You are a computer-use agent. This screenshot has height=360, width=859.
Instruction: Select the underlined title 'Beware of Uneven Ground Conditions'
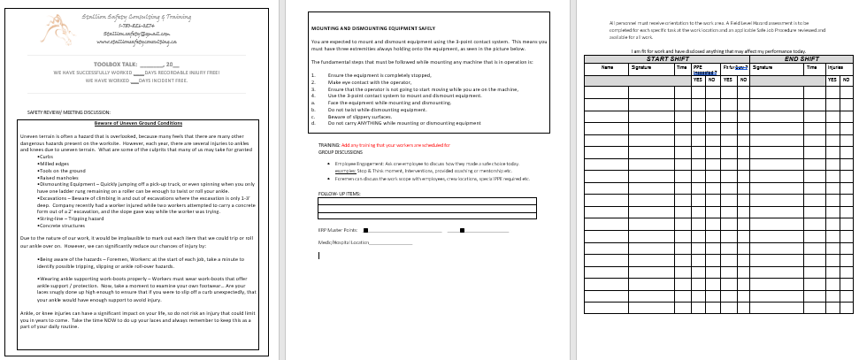(x=138, y=123)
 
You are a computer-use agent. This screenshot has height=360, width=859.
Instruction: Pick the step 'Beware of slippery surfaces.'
(x=358, y=117)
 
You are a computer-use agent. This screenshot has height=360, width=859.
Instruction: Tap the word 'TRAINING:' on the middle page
(x=328, y=144)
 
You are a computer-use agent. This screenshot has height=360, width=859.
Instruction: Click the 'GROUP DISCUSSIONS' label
(x=340, y=151)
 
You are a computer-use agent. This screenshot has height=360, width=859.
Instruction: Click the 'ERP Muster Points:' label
(x=337, y=229)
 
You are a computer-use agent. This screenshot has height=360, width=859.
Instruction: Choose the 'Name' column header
(x=607, y=67)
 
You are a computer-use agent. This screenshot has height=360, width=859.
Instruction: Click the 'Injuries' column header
(x=834, y=67)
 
